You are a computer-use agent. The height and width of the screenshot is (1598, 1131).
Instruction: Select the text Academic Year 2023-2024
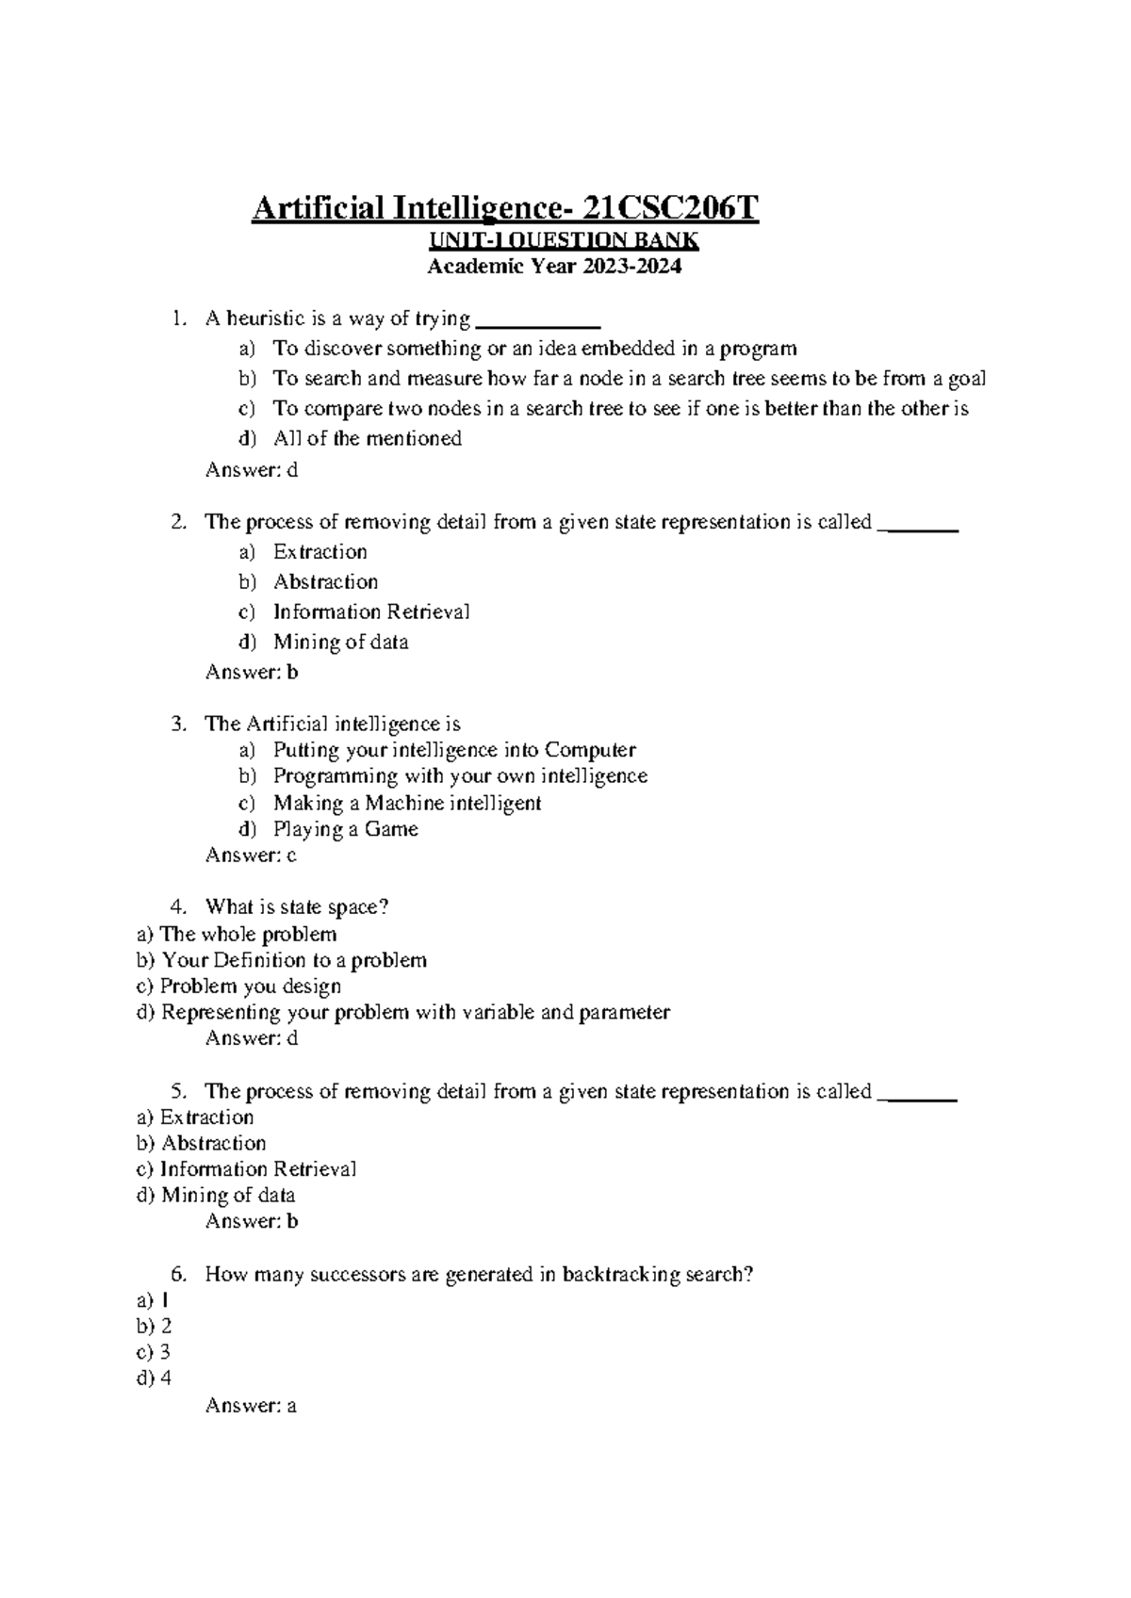[553, 267]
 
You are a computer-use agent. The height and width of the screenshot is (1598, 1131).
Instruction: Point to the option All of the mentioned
[367, 438]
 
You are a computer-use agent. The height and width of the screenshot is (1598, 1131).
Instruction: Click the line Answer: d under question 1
[251, 469]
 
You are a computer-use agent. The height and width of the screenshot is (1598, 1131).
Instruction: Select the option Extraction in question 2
[320, 551]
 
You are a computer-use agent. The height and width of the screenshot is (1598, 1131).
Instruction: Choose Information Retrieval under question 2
[370, 611]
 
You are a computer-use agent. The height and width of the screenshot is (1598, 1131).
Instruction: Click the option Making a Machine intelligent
[406, 803]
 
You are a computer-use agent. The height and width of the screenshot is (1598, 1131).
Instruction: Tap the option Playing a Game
[345, 829]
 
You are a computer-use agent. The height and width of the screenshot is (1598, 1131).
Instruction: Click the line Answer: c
[251, 855]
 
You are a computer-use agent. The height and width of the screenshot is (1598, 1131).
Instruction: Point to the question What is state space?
[296, 906]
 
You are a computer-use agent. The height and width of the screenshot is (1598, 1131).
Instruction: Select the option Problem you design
[250, 986]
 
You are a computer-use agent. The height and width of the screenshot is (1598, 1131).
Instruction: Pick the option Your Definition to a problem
[293, 960]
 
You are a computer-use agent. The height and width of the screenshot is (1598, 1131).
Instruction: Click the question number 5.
[179, 1091]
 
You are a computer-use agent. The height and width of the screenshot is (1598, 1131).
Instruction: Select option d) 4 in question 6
[155, 1378]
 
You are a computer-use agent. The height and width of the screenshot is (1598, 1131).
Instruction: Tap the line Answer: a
[251, 1406]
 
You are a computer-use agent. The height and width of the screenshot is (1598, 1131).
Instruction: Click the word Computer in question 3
[590, 750]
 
